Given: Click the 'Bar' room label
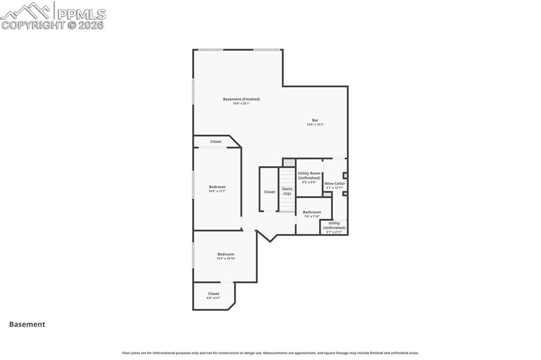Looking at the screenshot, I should (315, 120).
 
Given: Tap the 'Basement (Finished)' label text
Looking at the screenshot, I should (241, 99).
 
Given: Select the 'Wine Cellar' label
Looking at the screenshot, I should (334, 184).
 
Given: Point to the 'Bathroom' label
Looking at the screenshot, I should (312, 212).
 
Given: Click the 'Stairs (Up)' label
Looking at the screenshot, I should (287, 191).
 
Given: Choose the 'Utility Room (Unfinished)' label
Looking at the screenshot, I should (309, 176).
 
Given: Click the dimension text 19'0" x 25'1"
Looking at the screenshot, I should (241, 104).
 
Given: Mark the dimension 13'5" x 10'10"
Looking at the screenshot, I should (226, 259).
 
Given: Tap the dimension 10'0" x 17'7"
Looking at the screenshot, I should (217, 191).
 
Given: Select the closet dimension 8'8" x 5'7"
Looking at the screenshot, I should (213, 298).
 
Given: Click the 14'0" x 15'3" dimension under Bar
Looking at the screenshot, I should (315, 125).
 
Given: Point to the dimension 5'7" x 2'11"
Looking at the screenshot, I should (334, 232).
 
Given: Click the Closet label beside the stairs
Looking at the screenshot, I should (269, 192).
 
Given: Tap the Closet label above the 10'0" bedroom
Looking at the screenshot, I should (216, 141).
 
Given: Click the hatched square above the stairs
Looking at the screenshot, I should (288, 163).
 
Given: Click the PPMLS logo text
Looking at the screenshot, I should (81, 14).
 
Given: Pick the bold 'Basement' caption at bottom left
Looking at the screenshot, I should (27, 325).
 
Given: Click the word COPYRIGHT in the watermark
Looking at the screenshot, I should (33, 25).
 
